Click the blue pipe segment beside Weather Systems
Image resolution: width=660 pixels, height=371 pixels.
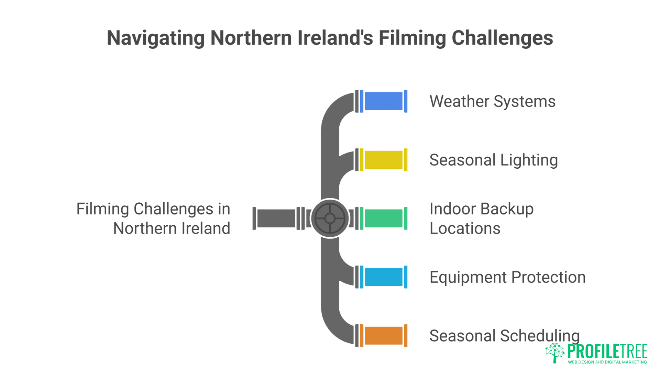[383, 101]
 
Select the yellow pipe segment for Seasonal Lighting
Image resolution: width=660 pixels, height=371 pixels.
[383, 160]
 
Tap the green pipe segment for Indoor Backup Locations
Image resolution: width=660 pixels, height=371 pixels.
[383, 218]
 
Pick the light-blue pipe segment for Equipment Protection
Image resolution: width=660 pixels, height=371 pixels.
[383, 277]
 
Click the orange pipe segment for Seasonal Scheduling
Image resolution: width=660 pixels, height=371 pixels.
[383, 335]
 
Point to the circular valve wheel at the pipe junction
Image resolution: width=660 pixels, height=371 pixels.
[330, 218]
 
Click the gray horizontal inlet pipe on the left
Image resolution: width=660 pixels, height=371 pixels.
[276, 218]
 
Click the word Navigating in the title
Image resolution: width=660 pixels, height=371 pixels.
[156, 38]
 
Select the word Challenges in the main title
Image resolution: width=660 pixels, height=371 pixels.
[502, 38]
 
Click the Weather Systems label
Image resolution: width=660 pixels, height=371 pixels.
[492, 101]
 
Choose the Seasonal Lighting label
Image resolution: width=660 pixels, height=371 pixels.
[493, 160]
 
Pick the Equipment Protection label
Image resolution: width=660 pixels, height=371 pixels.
[507, 277]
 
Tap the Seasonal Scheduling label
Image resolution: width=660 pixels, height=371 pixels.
[504, 336]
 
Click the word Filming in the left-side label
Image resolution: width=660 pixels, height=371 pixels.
[102, 209]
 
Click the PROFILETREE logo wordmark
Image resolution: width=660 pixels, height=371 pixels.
[607, 351]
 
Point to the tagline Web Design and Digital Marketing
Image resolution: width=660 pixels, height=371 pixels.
[607, 362]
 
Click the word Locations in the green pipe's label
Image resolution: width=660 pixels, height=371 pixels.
[465, 228]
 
